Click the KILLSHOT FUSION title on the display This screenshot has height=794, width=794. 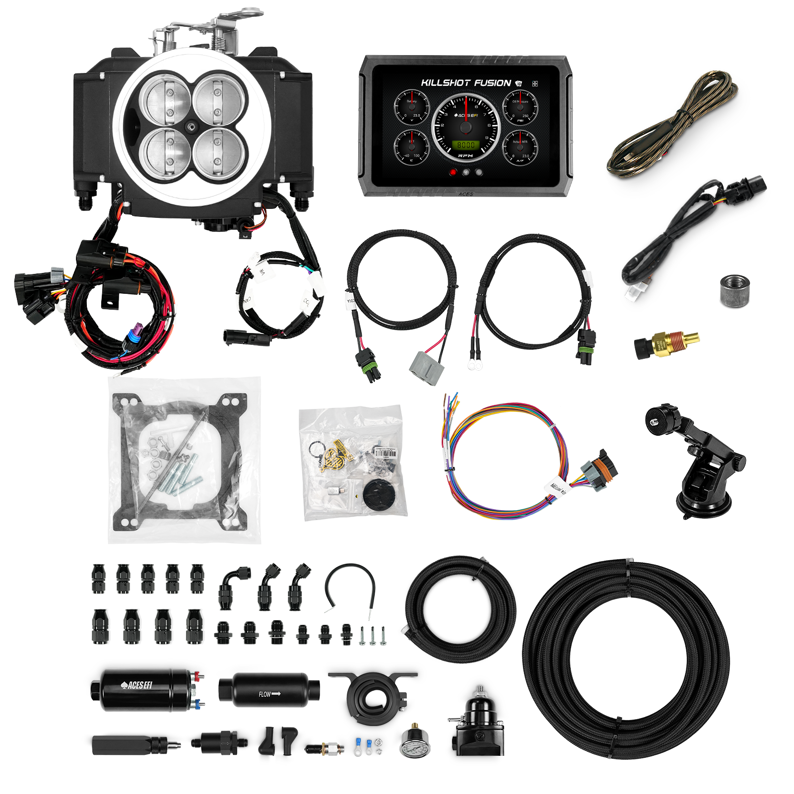pos(465,83)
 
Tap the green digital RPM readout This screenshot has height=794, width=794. pos(465,145)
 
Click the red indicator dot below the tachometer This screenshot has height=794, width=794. pos(453,173)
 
